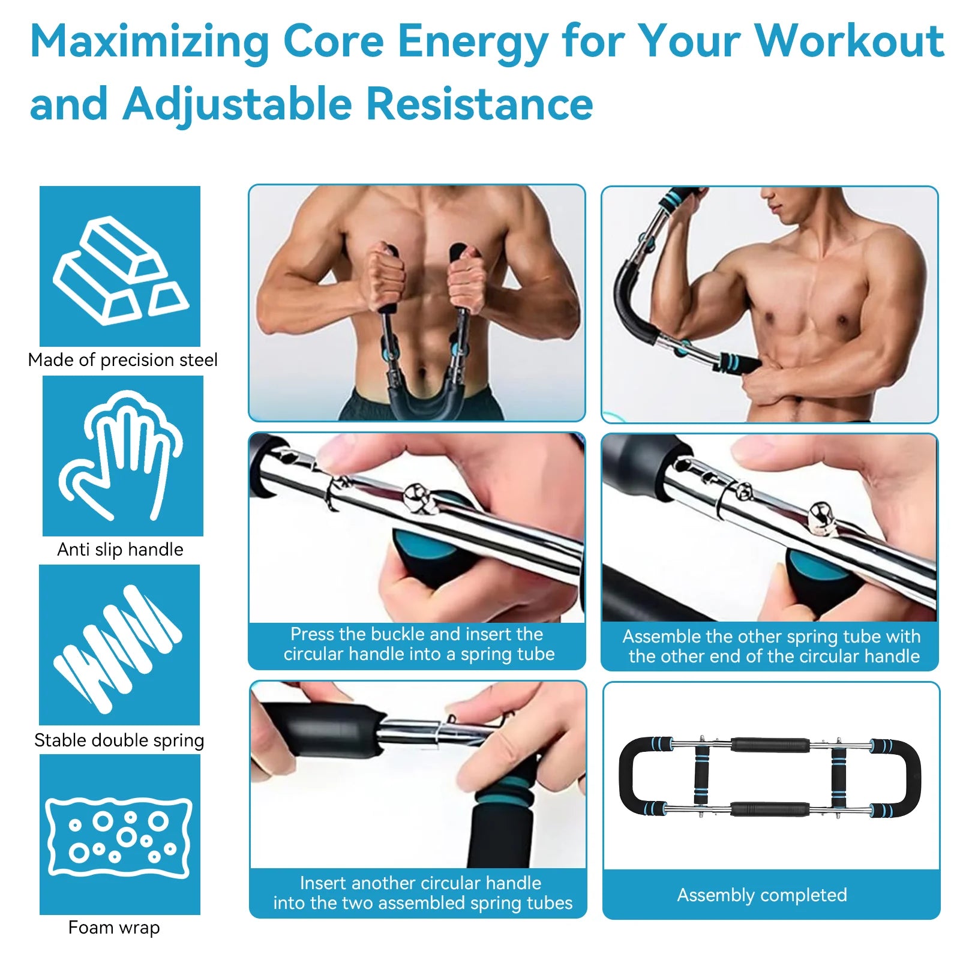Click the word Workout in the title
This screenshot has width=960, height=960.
coord(848,42)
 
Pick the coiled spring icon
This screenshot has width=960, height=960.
coord(119,646)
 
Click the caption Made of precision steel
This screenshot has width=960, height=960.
coord(122,360)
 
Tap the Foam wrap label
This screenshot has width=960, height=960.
coord(114,928)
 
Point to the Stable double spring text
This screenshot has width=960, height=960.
coord(119,740)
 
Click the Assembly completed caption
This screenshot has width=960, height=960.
coord(762,895)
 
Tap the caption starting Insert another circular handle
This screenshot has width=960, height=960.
coord(422,893)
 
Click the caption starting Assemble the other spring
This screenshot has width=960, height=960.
coord(772,646)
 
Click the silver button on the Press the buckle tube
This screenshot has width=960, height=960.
coord(415,496)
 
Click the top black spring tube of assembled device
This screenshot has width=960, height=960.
coord(770,745)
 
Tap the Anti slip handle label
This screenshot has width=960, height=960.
coord(120,550)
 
